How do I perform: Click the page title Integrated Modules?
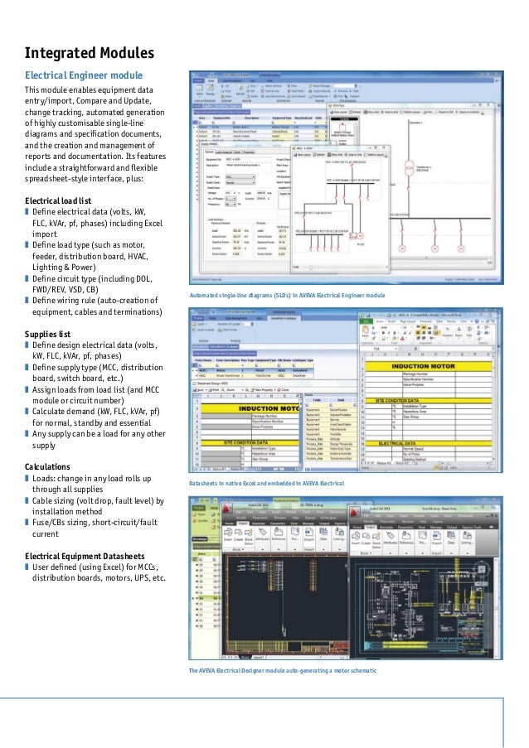90,54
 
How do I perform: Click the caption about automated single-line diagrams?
287,295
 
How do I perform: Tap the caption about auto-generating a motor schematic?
283,669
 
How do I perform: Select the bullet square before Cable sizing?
27,501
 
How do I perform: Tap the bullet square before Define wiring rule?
27,300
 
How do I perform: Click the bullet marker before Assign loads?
27,389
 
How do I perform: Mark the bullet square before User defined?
27,567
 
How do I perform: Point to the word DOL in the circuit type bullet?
141,278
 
